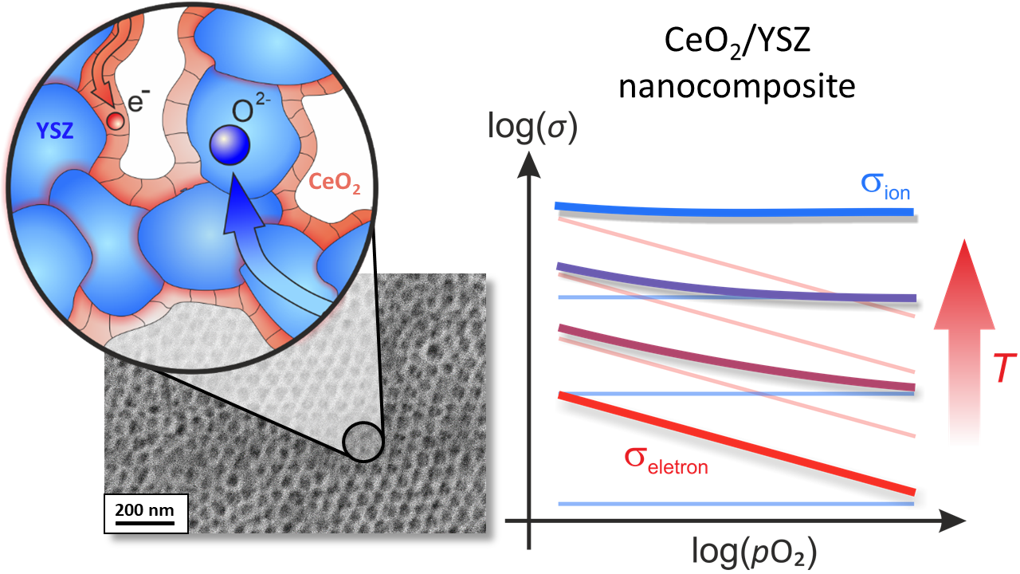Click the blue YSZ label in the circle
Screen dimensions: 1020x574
pyautogui.click(x=55, y=132)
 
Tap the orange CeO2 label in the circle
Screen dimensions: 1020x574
pyautogui.click(x=335, y=183)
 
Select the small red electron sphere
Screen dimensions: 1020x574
pyautogui.click(x=116, y=120)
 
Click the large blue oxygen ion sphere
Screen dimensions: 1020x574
pyautogui.click(x=230, y=145)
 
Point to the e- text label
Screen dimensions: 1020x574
pyautogui.click(x=139, y=100)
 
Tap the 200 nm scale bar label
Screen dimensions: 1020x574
pyautogui.click(x=145, y=509)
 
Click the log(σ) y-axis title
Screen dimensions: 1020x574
pyautogui.click(x=532, y=127)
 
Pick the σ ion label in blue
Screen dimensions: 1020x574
pyautogui.click(x=885, y=187)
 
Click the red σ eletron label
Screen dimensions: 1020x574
pyautogui.click(x=666, y=461)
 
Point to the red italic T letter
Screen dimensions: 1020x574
pyautogui.click(x=1003, y=368)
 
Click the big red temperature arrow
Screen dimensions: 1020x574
pyautogui.click(x=964, y=342)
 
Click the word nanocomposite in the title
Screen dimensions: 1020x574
pyautogui.click(x=737, y=87)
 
